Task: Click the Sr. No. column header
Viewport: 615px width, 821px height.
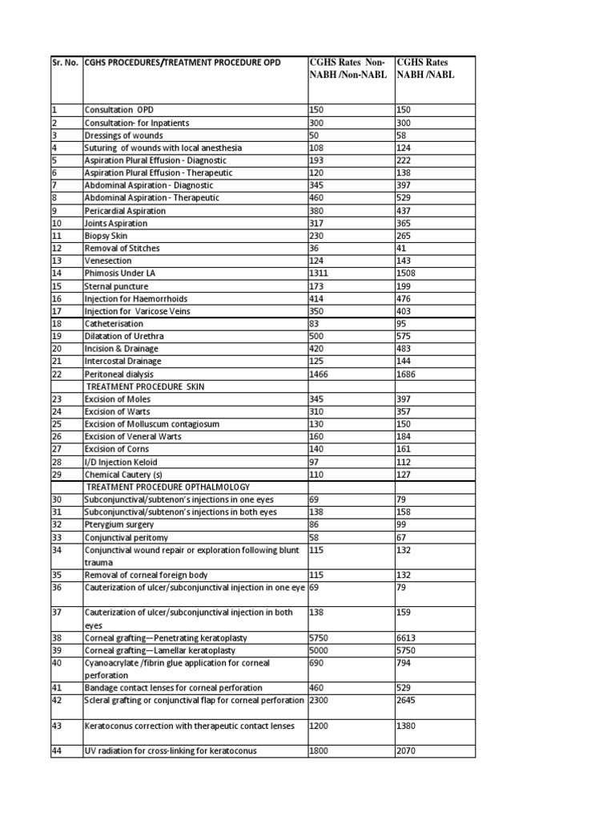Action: [x=65, y=63]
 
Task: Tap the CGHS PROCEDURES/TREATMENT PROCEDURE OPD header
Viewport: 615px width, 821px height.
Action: [x=183, y=63]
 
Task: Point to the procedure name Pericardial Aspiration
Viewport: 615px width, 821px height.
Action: [x=125, y=211]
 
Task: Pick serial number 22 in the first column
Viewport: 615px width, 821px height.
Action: [x=56, y=374]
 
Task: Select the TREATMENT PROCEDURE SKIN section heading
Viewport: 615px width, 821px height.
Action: [x=144, y=386]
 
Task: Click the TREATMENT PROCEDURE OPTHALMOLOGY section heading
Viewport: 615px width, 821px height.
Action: [x=167, y=487]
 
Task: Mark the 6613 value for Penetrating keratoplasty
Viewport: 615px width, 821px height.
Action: [x=406, y=637]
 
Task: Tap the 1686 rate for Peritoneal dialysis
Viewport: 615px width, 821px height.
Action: [x=406, y=374]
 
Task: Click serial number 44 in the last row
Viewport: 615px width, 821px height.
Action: [x=56, y=751]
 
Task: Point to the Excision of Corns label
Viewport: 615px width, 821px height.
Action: [x=117, y=449]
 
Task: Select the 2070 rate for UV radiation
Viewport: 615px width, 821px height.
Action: [x=406, y=751]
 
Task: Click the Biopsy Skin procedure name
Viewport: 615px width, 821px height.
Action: [x=106, y=236]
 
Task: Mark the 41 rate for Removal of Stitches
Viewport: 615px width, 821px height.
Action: [x=401, y=249]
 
